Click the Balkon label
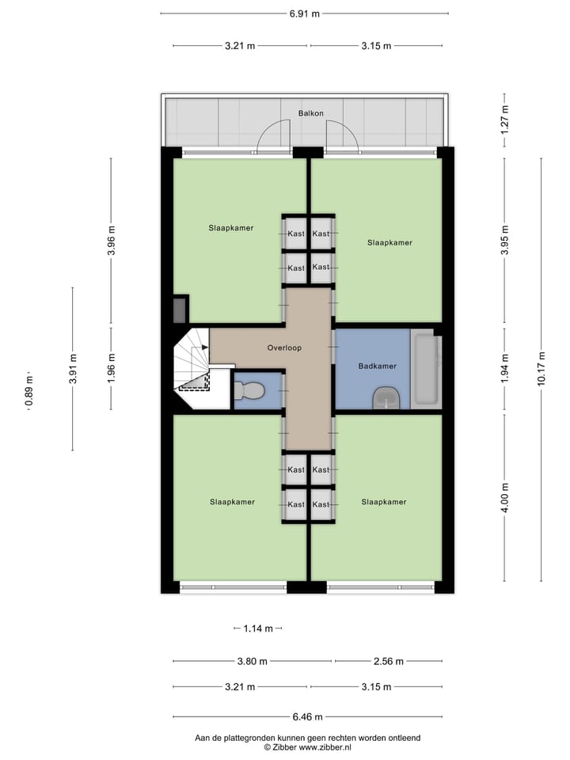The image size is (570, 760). [310, 113]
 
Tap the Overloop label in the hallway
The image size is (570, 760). [284, 348]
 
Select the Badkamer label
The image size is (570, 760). [377, 367]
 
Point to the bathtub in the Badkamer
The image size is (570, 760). [427, 370]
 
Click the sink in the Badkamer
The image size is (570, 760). [386, 397]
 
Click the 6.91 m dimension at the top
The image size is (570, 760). [304, 13]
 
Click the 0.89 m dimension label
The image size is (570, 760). [29, 391]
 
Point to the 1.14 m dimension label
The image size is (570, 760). [257, 629]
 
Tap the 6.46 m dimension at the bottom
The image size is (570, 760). [307, 717]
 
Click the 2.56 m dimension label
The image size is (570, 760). [388, 661]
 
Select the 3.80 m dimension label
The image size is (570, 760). [253, 661]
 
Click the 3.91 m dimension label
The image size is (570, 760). [73, 369]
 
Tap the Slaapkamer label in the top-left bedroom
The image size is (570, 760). [231, 228]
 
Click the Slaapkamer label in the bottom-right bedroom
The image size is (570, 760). [384, 502]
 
